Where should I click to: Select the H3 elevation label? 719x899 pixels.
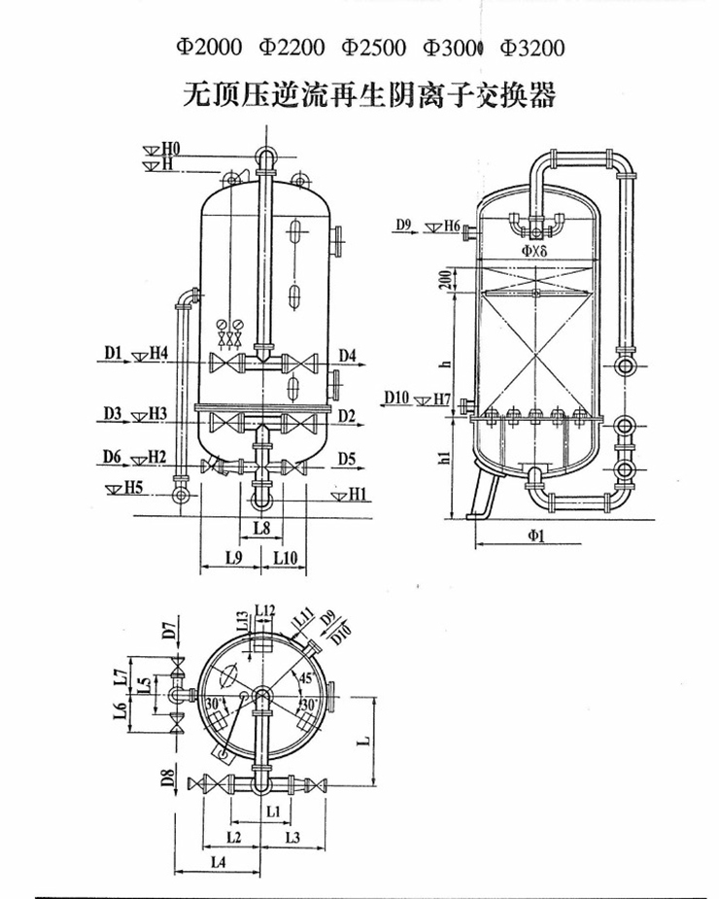point(158,414)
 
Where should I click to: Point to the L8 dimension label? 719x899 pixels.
point(259,528)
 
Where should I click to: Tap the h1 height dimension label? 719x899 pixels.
point(444,457)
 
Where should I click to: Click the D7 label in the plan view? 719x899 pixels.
point(168,634)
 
